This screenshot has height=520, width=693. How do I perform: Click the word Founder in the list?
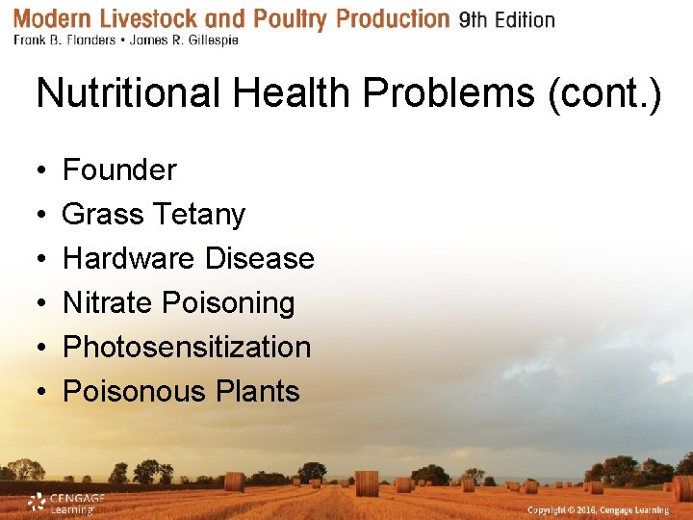(x=119, y=170)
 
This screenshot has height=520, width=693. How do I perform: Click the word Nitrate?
(x=107, y=303)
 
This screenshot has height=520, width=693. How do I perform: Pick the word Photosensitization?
(x=187, y=348)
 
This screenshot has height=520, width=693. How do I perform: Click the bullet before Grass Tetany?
(x=41, y=216)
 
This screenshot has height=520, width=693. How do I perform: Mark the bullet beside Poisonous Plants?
(x=41, y=393)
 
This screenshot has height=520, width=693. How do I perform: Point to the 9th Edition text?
(x=506, y=20)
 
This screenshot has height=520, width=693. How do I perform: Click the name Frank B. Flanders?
(x=62, y=41)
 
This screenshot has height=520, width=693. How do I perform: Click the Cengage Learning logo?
(x=64, y=503)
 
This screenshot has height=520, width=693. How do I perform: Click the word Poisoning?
(x=228, y=303)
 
